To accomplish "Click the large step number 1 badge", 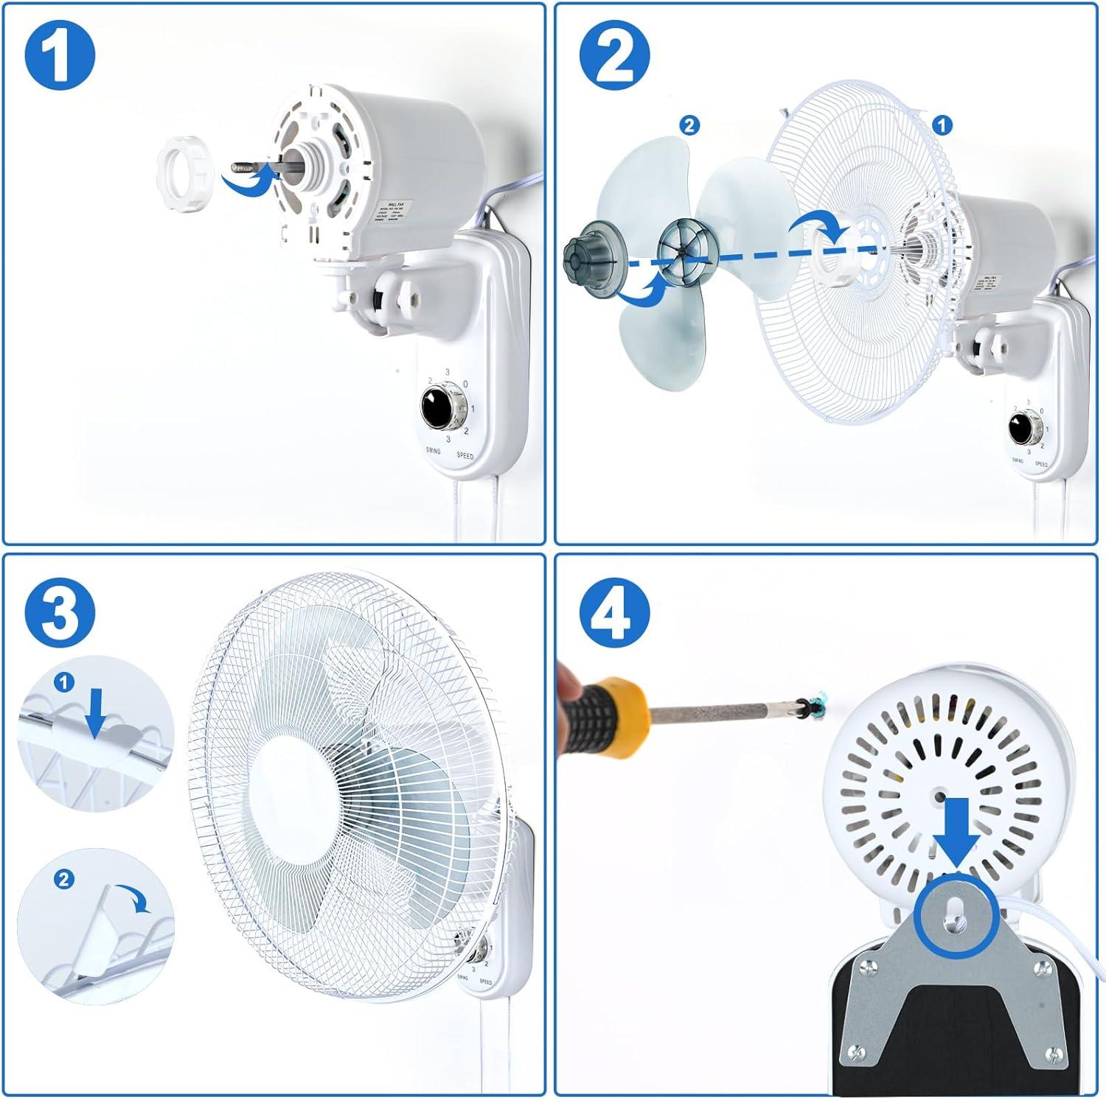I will pyautogui.click(x=60, y=57).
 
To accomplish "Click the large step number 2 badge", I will pyautogui.click(x=614, y=57).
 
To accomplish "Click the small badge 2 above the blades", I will pyautogui.click(x=689, y=126).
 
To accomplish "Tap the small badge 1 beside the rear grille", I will pyautogui.click(x=942, y=126).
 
